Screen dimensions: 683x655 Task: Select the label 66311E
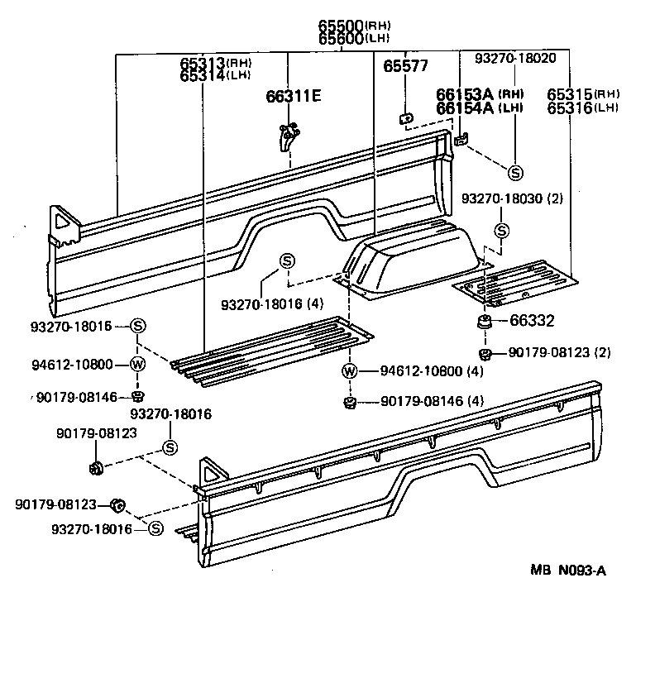[x=293, y=97]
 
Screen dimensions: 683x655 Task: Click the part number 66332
[x=532, y=321]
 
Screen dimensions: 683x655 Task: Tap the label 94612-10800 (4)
[x=430, y=371]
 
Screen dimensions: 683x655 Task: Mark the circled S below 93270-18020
[x=514, y=172]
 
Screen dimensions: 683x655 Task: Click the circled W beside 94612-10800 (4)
[x=350, y=371]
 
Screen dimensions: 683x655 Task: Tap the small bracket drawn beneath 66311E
[x=287, y=136]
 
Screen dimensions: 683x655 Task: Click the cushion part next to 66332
[x=484, y=321]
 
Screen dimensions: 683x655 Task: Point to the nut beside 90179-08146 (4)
[x=350, y=403]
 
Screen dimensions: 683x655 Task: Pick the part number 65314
[x=203, y=76]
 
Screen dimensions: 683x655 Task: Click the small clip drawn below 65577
[x=406, y=118]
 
